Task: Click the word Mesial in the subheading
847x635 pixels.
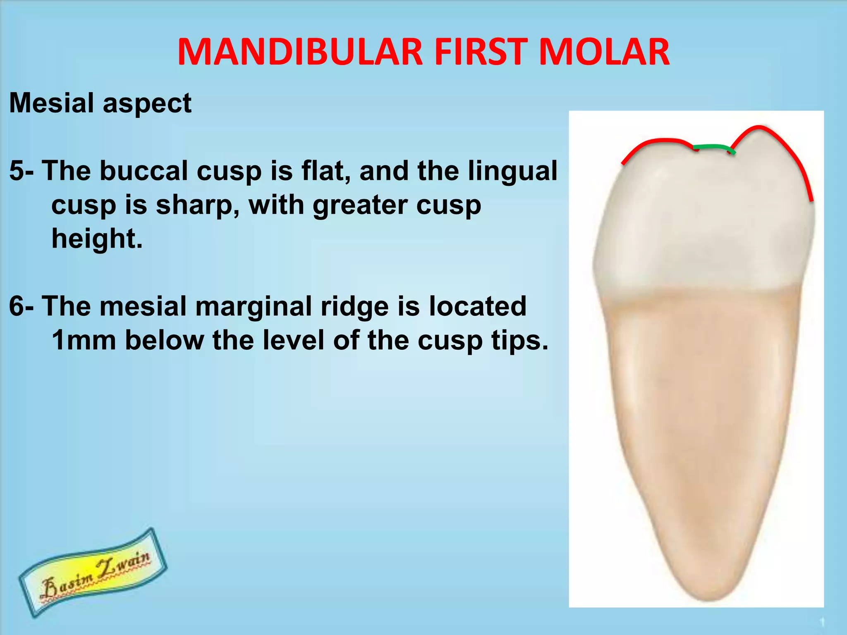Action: pos(51,103)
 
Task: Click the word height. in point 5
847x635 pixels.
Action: pos(97,239)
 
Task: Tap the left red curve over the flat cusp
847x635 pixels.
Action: pos(653,143)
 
